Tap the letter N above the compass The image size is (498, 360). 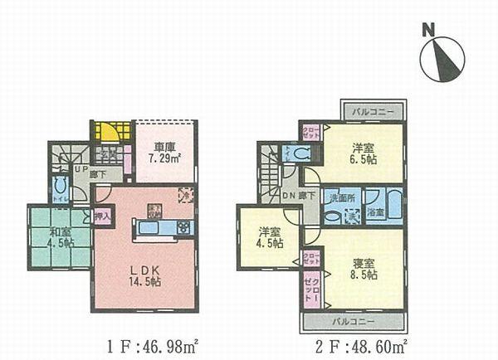[x=428, y=30]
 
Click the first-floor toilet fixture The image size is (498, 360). [x=60, y=188]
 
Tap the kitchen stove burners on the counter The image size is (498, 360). [x=183, y=226]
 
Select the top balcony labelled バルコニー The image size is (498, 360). [x=373, y=110]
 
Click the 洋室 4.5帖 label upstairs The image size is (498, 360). [x=267, y=236]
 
